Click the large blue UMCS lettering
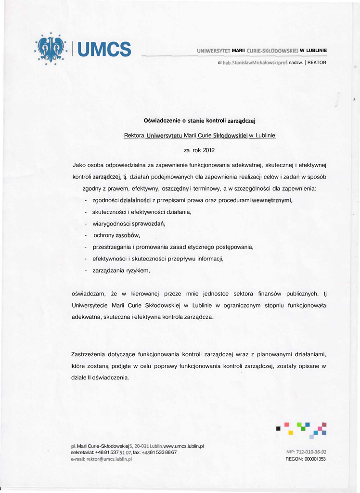(104, 49)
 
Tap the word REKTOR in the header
(317, 63)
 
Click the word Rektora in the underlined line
(134, 135)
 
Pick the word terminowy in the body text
(206, 188)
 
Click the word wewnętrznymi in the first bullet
(272, 200)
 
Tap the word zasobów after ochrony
(128, 235)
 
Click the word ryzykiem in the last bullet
(138, 271)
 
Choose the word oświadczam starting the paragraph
(85, 293)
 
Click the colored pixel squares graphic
(302, 428)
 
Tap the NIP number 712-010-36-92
(306, 452)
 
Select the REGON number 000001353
(315, 459)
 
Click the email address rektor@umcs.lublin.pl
(102, 459)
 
